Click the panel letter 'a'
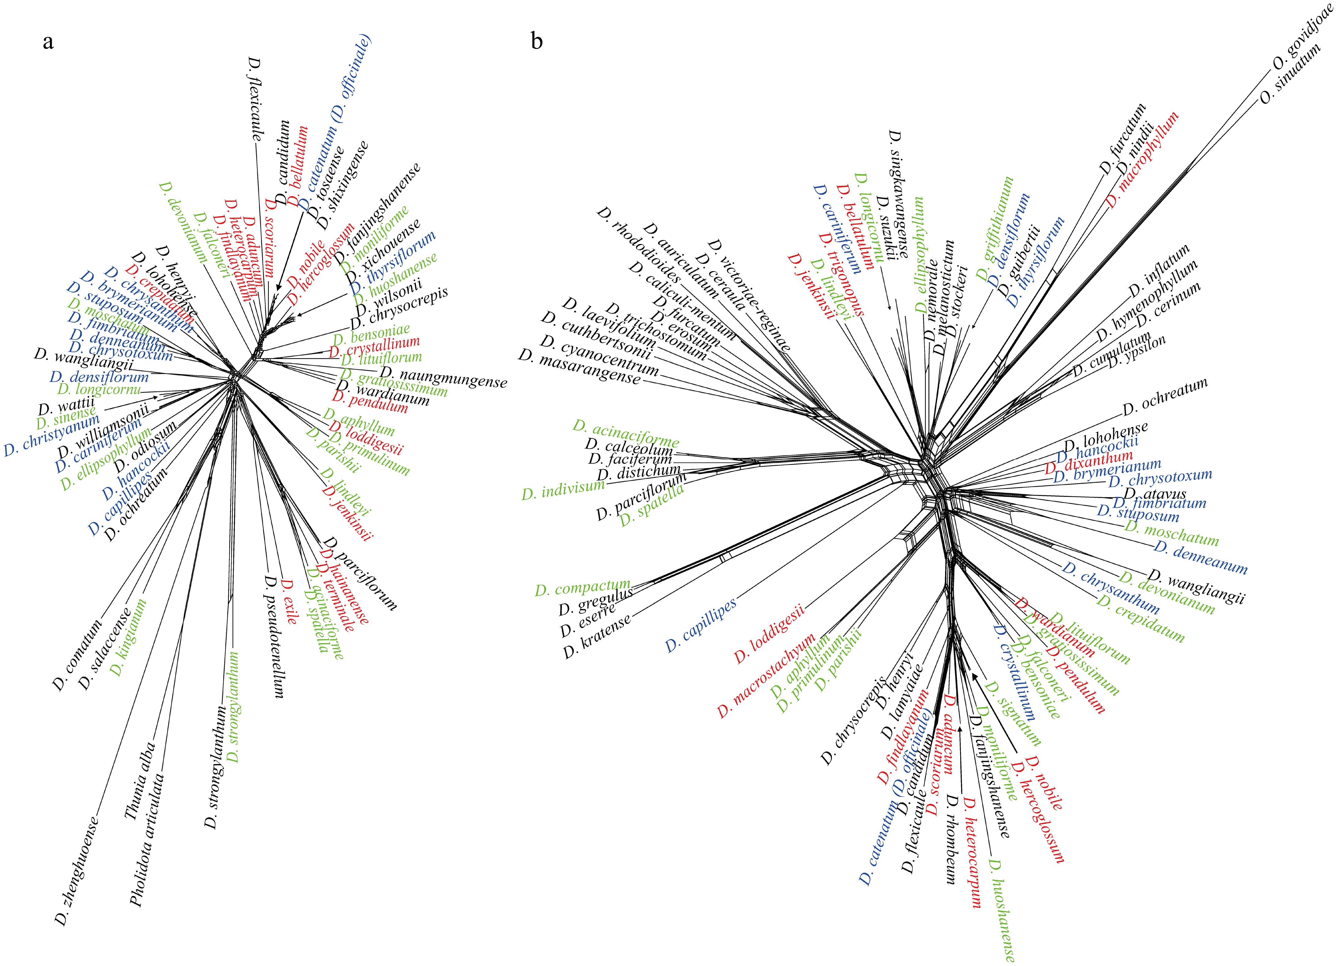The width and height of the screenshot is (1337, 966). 48,43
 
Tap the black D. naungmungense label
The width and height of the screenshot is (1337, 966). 443,377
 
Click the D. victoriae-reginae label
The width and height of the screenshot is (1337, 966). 749,295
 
